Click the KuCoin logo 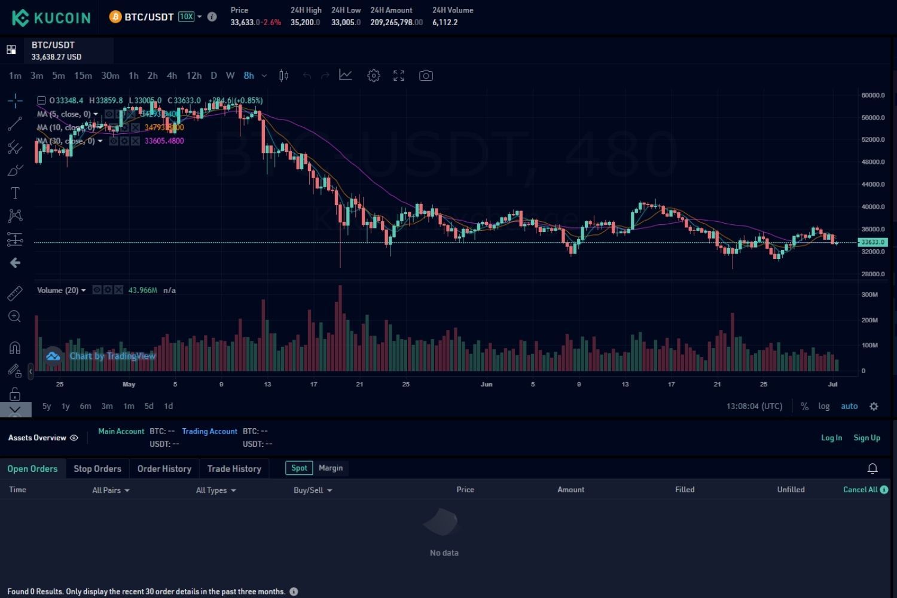(x=51, y=17)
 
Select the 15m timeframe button (x=83, y=75)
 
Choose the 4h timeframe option (x=172, y=75)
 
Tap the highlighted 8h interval (x=249, y=75)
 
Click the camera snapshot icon (x=426, y=75)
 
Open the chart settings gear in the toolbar (x=374, y=75)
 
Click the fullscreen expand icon (x=399, y=75)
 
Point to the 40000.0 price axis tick (x=872, y=207)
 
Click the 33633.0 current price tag (x=872, y=242)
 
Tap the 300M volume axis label (x=869, y=295)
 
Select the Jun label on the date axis (x=486, y=385)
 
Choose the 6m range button (x=86, y=406)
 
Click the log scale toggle (x=824, y=406)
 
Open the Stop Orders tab (x=97, y=469)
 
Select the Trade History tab (x=234, y=469)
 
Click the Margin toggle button (x=331, y=468)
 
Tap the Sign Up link (x=867, y=438)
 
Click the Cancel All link (x=860, y=489)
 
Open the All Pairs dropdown (x=111, y=490)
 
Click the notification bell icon (x=872, y=468)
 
